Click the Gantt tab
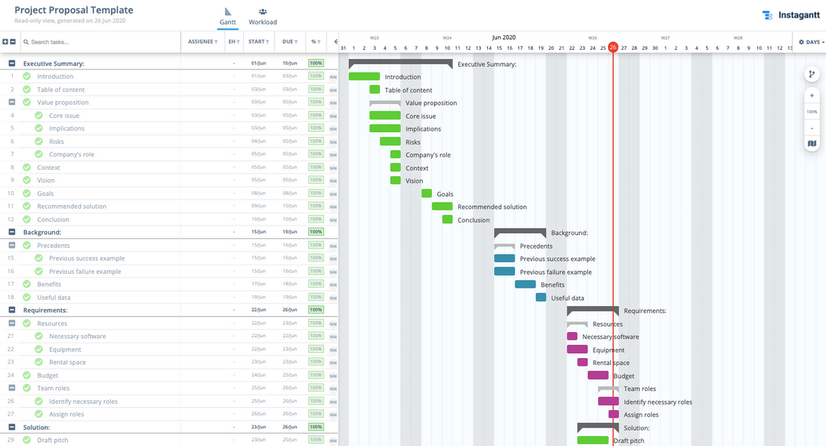[226, 16]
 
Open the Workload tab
[262, 16]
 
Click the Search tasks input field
[99, 42]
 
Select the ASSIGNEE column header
[203, 42]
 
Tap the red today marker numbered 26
[613, 47]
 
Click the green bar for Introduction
[364, 77]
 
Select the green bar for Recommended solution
[442, 207]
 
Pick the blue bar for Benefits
[525, 285]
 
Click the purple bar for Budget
[598, 376]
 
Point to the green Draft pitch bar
[593, 441]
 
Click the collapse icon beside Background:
[12, 232]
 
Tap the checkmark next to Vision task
[27, 181]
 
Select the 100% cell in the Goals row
[316, 194]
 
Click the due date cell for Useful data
[289, 298]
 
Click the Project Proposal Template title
[73, 10]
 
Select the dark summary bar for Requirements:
[593, 310]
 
